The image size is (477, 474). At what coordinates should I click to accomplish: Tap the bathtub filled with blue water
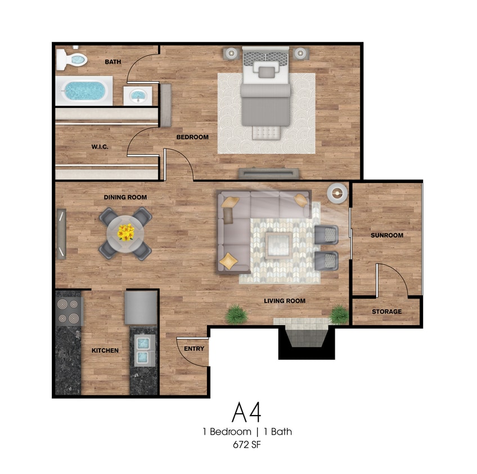[84, 91]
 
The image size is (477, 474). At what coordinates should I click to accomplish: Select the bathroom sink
[137, 96]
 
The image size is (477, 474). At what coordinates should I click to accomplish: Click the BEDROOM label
[192, 137]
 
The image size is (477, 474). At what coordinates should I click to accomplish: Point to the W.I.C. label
[100, 147]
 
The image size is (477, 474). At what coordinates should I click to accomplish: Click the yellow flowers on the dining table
[125, 233]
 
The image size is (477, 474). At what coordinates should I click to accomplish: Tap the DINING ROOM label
[125, 197]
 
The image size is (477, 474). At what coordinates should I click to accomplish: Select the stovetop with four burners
[69, 311]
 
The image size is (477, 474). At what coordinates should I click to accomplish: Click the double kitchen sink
[143, 350]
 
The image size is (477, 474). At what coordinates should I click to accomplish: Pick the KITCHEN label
[105, 350]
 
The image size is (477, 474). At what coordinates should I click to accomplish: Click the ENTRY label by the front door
[194, 349]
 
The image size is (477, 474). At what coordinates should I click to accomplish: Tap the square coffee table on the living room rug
[278, 245]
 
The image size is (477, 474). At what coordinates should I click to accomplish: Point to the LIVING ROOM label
[285, 301]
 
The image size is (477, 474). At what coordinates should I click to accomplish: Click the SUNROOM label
[386, 235]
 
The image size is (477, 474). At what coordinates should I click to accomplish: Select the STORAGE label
[386, 312]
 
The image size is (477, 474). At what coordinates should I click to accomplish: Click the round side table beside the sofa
[337, 193]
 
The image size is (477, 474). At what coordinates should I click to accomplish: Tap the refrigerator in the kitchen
[141, 308]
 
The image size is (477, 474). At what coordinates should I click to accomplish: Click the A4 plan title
[246, 412]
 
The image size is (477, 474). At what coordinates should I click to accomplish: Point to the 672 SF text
[247, 445]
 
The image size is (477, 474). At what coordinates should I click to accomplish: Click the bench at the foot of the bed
[266, 133]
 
